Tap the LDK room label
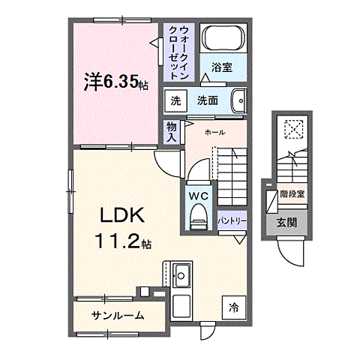point(124,216)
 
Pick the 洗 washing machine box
point(175,100)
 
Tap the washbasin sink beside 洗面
point(239,100)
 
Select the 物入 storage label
point(172,133)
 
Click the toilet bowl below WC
point(198,218)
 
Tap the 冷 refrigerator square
point(233,306)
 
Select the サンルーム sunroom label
point(118,315)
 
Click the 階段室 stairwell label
point(292,193)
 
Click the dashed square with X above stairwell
point(292,130)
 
